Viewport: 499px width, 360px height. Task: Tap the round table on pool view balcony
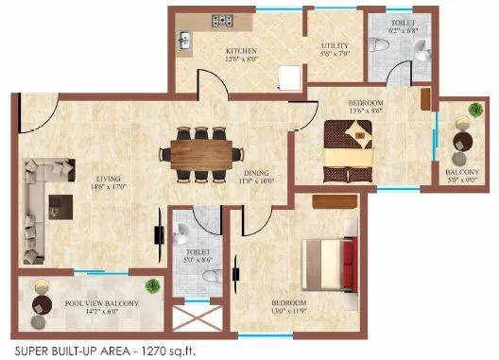coord(43,305)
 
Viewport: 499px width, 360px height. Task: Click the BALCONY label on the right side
coord(461,172)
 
